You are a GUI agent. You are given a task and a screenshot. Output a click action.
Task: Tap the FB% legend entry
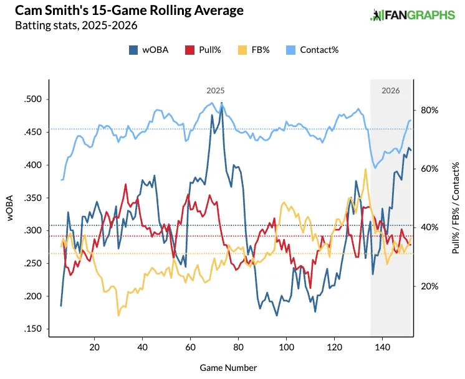point(253,50)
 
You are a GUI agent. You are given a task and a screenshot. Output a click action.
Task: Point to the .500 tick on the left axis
point(32,100)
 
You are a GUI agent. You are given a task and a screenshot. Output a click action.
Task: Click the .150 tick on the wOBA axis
point(32,329)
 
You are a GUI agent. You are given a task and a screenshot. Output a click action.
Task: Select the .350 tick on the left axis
point(32,198)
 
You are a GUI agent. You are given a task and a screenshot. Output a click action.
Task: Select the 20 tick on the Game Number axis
point(94,347)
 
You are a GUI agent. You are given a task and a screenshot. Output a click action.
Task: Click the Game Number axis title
point(228,368)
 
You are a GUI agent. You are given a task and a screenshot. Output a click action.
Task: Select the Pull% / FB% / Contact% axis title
point(455,208)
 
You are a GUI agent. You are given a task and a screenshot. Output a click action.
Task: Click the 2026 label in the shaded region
point(391,90)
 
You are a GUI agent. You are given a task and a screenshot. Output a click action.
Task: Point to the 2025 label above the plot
point(216,90)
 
